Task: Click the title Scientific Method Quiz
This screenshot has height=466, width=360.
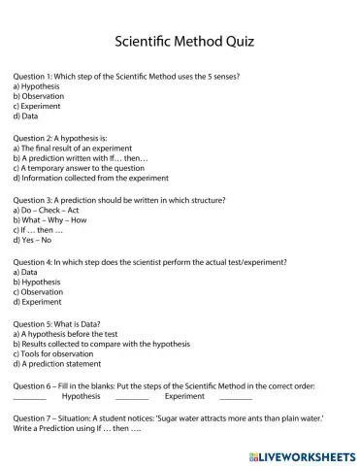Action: [180, 43]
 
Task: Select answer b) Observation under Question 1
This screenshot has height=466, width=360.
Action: [39, 96]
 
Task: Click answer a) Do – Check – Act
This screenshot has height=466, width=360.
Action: [47, 210]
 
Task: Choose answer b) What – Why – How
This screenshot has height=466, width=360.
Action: [51, 219]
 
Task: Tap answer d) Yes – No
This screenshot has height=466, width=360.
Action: [32, 240]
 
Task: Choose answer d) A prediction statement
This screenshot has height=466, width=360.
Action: [60, 364]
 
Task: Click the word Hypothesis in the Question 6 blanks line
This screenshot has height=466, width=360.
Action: [81, 395]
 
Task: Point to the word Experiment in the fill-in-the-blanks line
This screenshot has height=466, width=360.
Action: [184, 395]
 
